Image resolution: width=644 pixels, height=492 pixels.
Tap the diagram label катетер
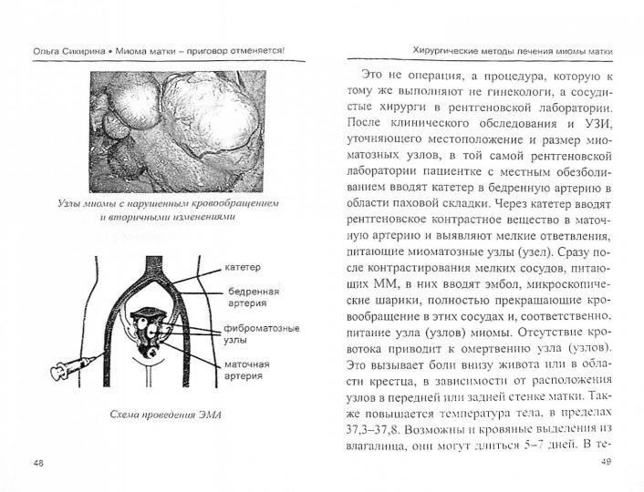pos(242,268)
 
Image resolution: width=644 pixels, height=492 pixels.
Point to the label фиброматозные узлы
pos(257,333)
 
